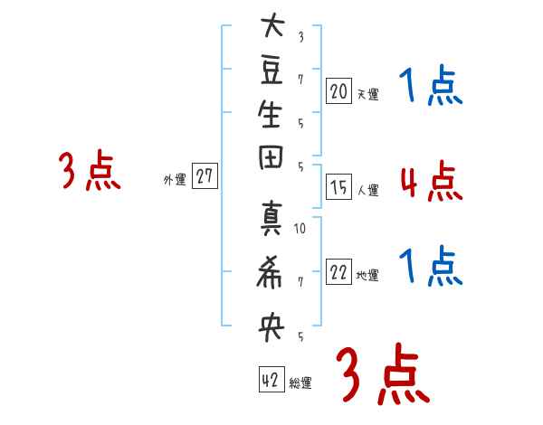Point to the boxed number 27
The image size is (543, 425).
coord(205,177)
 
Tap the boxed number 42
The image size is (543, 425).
coord(271,380)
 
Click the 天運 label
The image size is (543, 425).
coord(368,93)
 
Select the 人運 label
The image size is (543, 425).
coord(368,191)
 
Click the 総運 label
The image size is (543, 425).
coord(300,383)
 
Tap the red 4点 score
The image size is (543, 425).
coord(431,182)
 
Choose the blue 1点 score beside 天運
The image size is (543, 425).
coord(431,87)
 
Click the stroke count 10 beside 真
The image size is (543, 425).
coord(300,228)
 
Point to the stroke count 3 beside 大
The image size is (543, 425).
coord(300,37)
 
